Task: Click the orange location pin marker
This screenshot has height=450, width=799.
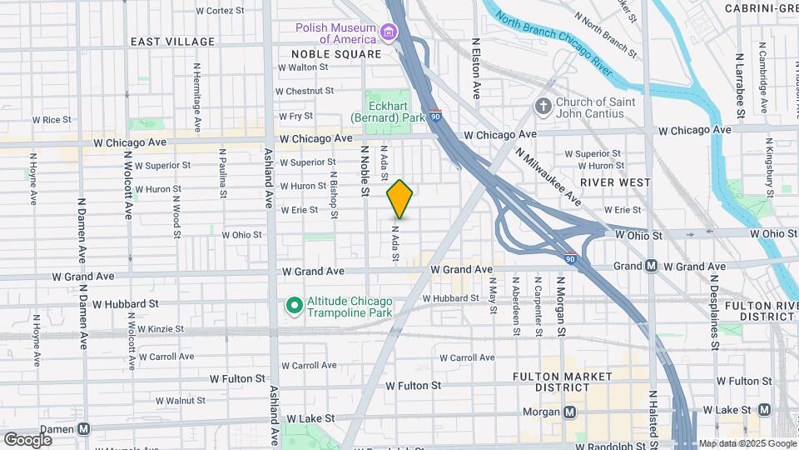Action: click(400, 198)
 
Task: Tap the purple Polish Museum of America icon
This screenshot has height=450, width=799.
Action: click(388, 33)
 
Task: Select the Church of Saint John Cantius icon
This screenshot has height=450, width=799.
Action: click(543, 107)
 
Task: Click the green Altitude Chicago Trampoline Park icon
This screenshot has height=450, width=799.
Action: click(293, 306)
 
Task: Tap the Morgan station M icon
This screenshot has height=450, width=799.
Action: click(570, 412)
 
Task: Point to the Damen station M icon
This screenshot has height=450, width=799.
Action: click(84, 428)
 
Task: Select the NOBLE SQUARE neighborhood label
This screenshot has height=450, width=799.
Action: click(335, 54)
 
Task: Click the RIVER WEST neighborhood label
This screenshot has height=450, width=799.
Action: click(615, 182)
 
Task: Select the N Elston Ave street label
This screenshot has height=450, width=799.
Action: click(477, 67)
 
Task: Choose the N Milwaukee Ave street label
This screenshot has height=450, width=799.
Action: click(548, 177)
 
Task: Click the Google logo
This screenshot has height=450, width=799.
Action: click(27, 439)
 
